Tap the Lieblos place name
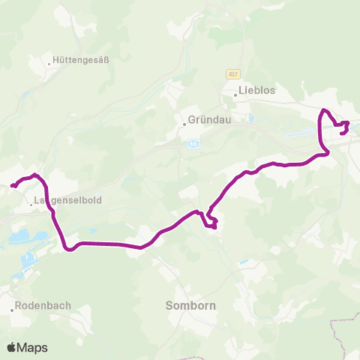257,91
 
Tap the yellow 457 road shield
232,73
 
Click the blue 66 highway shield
193,143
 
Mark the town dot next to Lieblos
235,94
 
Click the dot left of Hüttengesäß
49,63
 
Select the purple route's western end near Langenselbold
12,185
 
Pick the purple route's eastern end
343,133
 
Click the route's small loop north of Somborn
211,222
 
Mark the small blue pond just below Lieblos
250,117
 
